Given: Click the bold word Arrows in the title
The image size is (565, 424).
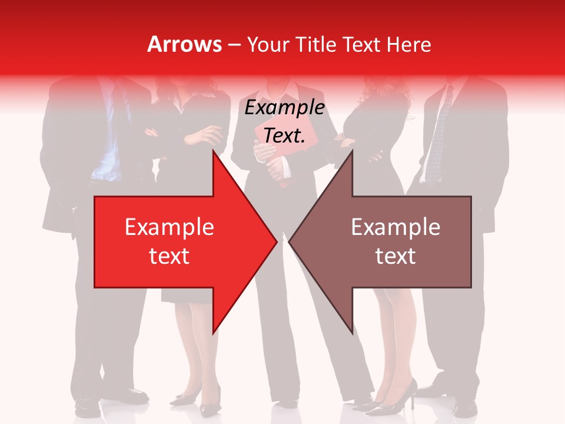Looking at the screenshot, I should click(x=185, y=44).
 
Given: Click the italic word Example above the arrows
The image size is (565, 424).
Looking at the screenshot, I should click(x=284, y=108).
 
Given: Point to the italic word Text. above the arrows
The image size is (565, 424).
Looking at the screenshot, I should click(x=284, y=135).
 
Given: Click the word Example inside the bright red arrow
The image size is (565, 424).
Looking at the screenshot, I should click(x=169, y=227).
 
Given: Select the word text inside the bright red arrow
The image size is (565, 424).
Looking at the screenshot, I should click(x=169, y=256).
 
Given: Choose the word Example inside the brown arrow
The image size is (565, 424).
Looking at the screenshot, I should click(x=395, y=227).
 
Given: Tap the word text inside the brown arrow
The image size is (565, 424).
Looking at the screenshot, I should click(x=395, y=256).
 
